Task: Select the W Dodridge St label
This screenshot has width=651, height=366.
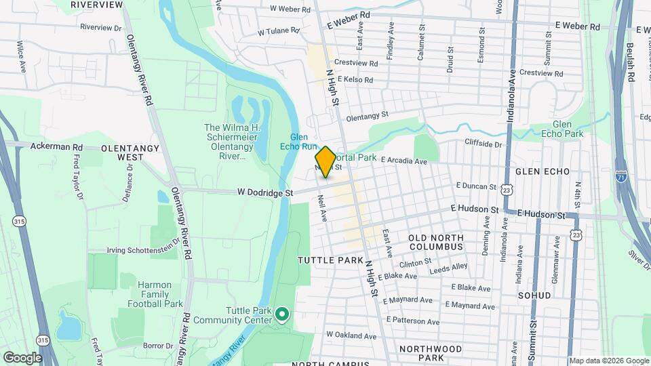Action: [264, 192]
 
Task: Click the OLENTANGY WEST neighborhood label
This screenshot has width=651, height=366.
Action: [122, 152]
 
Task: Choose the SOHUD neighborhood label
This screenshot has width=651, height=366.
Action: [553, 296]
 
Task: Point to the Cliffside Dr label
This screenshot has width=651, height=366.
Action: [484, 144]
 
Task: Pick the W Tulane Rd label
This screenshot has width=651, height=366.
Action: [278, 31]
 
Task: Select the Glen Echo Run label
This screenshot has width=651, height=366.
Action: [299, 141]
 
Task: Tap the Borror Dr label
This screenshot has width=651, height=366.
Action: [154, 345]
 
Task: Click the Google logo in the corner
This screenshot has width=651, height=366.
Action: [22, 357]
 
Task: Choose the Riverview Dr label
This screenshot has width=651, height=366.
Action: [100, 28]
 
